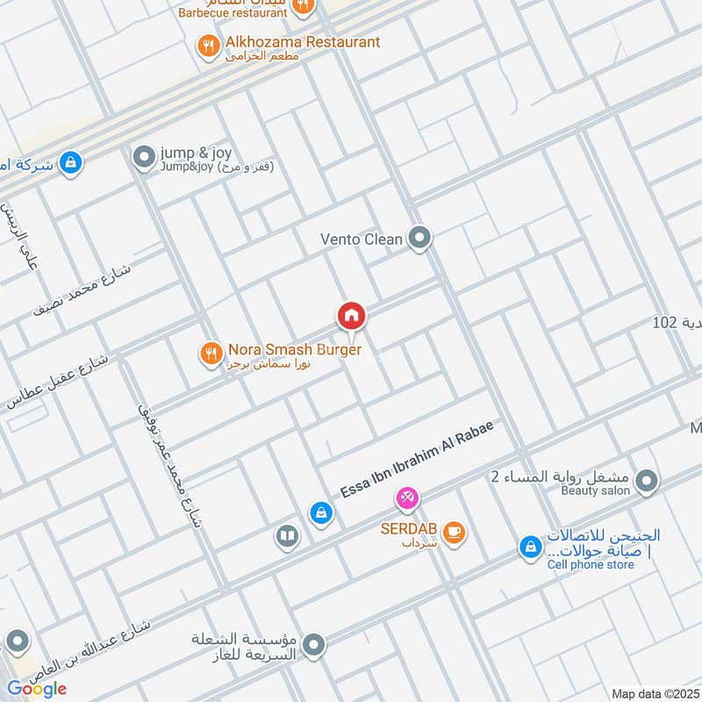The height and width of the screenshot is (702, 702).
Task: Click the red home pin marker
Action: pyautogui.click(x=352, y=315)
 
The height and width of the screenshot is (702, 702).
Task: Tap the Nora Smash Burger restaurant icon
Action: pyautogui.click(x=210, y=353)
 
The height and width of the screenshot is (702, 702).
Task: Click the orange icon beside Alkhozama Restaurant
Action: pyautogui.click(x=209, y=46)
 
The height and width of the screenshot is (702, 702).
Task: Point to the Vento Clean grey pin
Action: pyautogui.click(x=422, y=237)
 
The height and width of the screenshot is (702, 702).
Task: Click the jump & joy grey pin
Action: pyautogui.click(x=143, y=158)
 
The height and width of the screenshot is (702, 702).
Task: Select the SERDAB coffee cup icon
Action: pyautogui.click(x=454, y=532)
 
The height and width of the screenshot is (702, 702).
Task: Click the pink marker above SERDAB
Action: pyautogui.click(x=406, y=498)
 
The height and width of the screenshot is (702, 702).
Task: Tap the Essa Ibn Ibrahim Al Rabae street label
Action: pyautogui.click(x=417, y=460)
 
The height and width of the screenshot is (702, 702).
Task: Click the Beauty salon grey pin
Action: pyautogui.click(x=647, y=481)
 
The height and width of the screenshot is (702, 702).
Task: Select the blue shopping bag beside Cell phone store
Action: pyautogui.click(x=530, y=547)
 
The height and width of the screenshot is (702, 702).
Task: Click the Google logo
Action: pyautogui.click(x=37, y=689)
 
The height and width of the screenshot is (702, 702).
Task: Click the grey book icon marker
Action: pyautogui.click(x=287, y=535)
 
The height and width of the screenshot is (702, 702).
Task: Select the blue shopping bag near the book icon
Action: pyautogui.click(x=321, y=512)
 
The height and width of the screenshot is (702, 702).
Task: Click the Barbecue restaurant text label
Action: pyautogui.click(x=232, y=12)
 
